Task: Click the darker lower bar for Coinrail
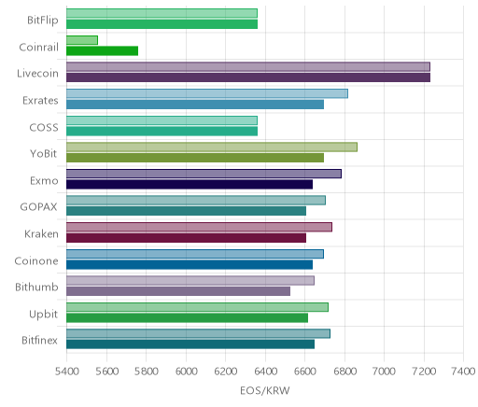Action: (x=102, y=51)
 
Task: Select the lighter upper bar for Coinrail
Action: (x=82, y=40)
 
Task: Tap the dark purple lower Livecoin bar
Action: (x=248, y=77)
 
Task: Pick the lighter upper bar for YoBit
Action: (x=212, y=147)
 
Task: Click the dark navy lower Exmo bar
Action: (x=190, y=184)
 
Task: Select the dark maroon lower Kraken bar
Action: (x=186, y=238)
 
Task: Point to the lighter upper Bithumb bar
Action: (x=190, y=280)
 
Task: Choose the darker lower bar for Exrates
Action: (x=195, y=105)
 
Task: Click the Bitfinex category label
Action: (x=39, y=340)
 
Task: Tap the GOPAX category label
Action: (x=38, y=207)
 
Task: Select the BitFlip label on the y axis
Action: (x=43, y=21)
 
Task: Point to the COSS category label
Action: (x=44, y=127)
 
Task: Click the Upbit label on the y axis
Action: (x=43, y=314)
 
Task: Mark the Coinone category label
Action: (x=36, y=260)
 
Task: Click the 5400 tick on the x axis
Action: (x=66, y=371)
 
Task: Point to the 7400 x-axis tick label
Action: (x=463, y=371)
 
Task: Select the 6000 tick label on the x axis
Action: (x=186, y=371)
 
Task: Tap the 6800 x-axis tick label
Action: (x=344, y=371)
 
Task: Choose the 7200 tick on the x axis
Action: (x=424, y=371)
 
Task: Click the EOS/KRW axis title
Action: (x=265, y=390)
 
